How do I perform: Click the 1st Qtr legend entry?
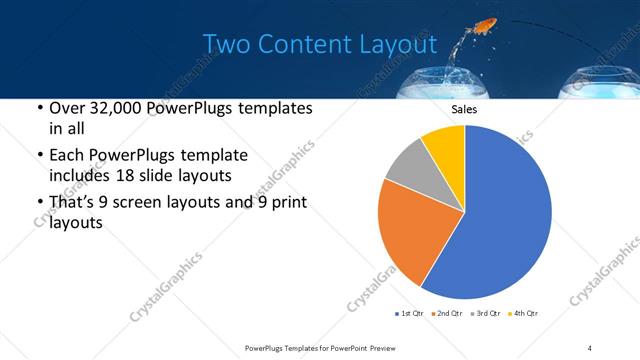tap(409, 314)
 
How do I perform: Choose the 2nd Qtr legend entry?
tap(446, 314)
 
